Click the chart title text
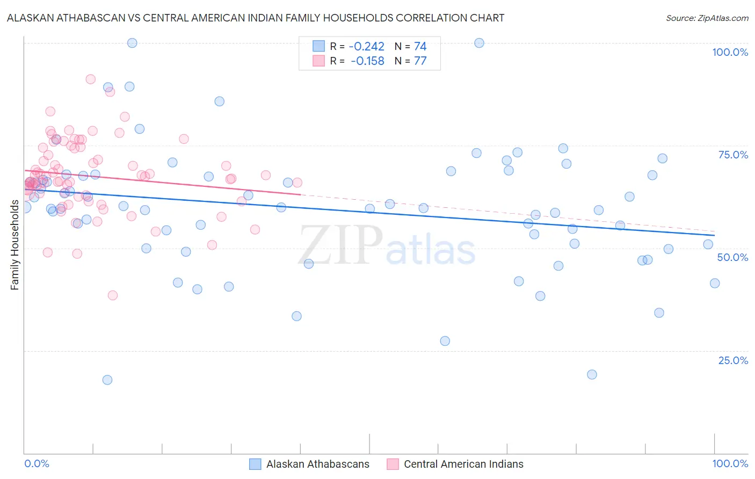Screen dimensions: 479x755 point(256,18)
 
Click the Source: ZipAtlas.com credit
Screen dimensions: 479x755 point(707,18)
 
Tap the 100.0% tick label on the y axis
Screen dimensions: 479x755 point(730,52)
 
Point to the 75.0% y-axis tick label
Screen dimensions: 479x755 point(733,155)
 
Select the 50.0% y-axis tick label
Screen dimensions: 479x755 point(732,257)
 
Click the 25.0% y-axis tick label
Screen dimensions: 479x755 point(733,360)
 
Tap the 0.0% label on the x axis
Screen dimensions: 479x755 point(37,463)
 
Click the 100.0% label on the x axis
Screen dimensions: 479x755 point(730,463)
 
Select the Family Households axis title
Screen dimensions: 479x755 point(15,245)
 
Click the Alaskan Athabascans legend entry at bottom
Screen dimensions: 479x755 point(317,464)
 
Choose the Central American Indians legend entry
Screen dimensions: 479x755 point(463,464)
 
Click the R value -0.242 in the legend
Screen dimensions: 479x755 point(367,47)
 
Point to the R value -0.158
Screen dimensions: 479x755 point(367,61)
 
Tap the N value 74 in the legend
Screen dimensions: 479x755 point(420,47)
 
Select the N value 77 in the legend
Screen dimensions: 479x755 point(420,61)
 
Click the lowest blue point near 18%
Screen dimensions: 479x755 point(107,380)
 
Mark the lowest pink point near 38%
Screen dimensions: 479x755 point(113,295)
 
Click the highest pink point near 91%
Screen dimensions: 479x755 point(91,79)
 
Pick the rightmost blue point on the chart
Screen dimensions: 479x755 point(715,284)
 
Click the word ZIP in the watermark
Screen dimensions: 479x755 point(340,245)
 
